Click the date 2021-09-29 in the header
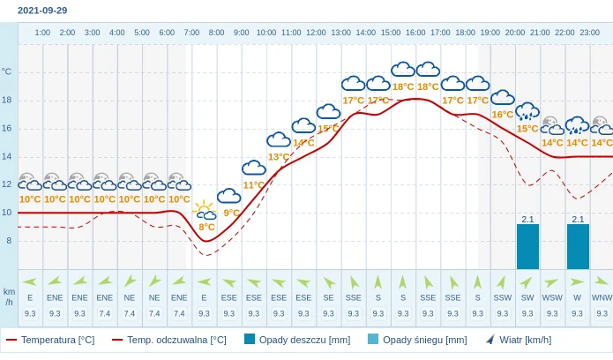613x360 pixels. [42, 11]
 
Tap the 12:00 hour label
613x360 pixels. [316, 33]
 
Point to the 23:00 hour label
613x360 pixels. [589, 33]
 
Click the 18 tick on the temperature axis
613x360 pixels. [7, 100]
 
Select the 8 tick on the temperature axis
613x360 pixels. [9, 240]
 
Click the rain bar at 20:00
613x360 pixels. [527, 247]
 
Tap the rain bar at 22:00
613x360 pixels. [578, 247]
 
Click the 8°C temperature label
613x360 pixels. [206, 227]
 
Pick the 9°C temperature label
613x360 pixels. [231, 213]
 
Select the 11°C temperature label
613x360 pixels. [253, 185]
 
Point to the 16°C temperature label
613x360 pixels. [503, 115]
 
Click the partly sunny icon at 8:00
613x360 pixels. [206, 210]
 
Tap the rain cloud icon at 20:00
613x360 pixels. [527, 111]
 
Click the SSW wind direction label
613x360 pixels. [503, 297]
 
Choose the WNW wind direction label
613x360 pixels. [602, 297]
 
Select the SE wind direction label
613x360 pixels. [328, 297]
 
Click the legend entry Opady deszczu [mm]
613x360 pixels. [297, 340]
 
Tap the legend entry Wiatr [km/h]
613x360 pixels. [519, 340]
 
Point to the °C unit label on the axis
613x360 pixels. [7, 71]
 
